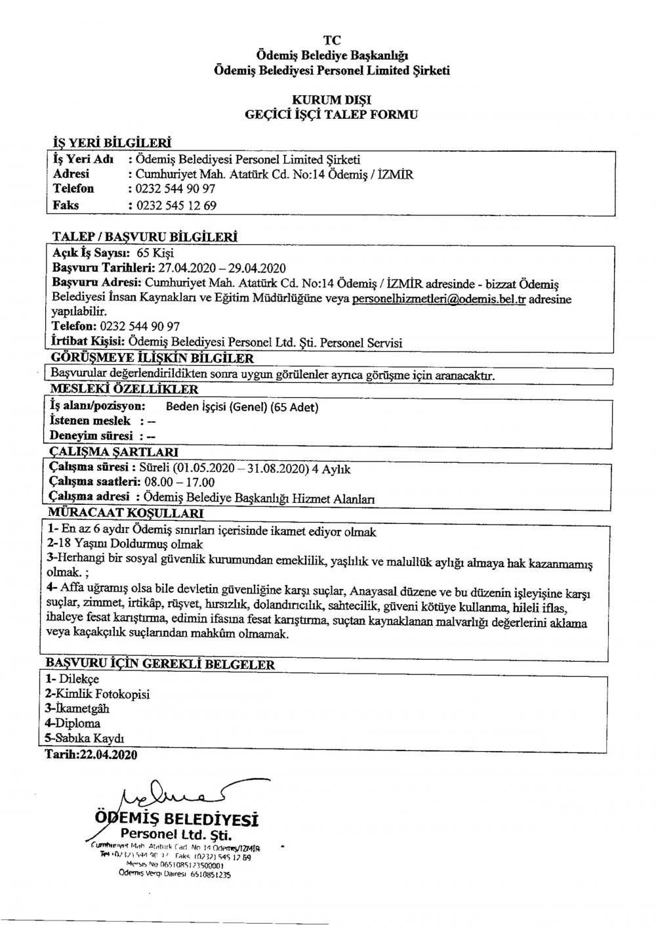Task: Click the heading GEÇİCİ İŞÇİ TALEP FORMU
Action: (331, 115)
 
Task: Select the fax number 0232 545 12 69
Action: (175, 205)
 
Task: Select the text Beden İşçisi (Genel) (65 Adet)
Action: (242, 407)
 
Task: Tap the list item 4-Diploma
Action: (73, 723)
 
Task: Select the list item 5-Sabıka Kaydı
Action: (85, 737)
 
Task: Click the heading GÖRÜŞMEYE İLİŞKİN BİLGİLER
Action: (152, 358)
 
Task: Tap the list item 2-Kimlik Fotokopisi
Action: (97, 694)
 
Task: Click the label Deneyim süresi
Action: (91, 435)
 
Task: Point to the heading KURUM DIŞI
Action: (331, 100)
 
